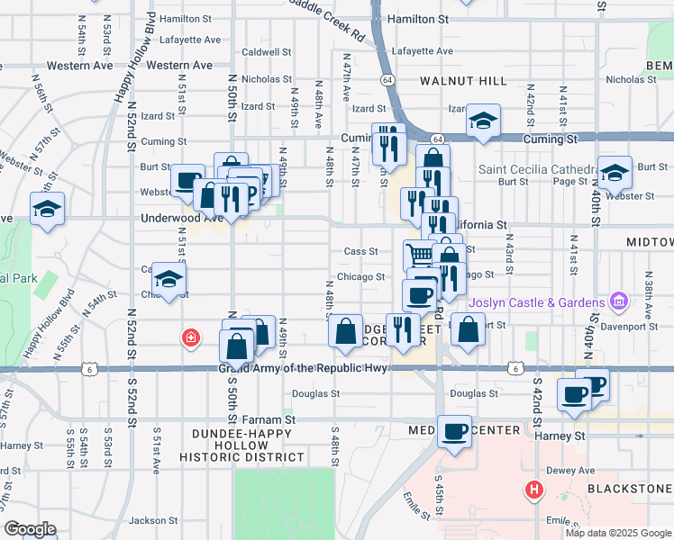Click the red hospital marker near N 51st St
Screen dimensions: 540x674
click(x=190, y=338)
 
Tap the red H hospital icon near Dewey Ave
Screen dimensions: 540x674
click(x=535, y=490)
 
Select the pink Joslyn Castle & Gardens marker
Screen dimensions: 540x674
click(x=618, y=300)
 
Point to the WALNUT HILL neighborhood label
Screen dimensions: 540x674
click(x=463, y=81)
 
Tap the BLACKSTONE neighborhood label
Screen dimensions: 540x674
click(x=628, y=487)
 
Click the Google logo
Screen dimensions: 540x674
click(x=30, y=529)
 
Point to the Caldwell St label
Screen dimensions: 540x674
click(x=267, y=53)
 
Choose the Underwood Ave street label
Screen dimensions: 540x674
click(x=181, y=218)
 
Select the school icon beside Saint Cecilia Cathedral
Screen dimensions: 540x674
click(x=615, y=172)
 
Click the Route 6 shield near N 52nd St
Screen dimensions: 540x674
click(x=87, y=368)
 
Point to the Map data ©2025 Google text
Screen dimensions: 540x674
click(x=618, y=532)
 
